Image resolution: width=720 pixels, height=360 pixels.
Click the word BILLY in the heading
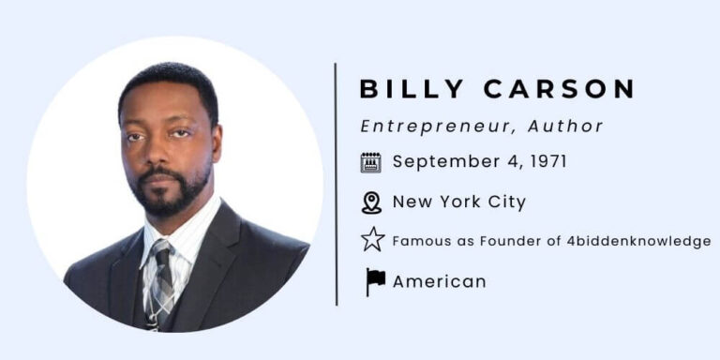pyautogui.click(x=412, y=90)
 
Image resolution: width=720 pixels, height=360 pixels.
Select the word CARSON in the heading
pyautogui.click(x=560, y=90)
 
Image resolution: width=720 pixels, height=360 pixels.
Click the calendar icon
pyautogui.click(x=371, y=162)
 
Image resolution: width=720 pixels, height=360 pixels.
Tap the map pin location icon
pyautogui.click(x=372, y=202)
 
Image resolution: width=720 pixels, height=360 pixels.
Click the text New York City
pyautogui.click(x=459, y=202)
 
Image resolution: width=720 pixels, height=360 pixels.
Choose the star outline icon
pyautogui.click(x=372, y=241)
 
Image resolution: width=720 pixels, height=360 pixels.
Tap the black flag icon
pyautogui.click(x=375, y=281)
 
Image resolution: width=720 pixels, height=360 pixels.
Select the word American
pyautogui.click(x=439, y=281)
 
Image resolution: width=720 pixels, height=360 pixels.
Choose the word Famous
pyautogui.click(x=416, y=241)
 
